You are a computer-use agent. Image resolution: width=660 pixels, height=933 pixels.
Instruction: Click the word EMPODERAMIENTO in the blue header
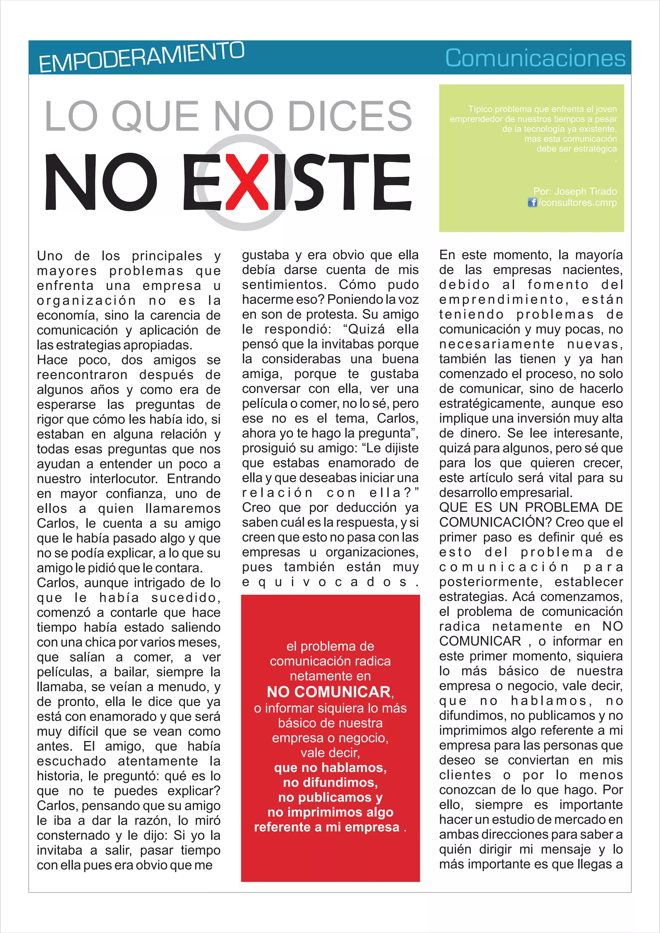[141, 57]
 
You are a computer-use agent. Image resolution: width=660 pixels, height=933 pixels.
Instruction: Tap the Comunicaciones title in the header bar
[535, 58]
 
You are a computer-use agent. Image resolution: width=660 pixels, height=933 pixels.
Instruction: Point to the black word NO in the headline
[101, 182]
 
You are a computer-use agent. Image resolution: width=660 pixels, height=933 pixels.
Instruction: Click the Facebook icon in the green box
[532, 202]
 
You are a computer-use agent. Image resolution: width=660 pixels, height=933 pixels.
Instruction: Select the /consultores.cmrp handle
[577, 202]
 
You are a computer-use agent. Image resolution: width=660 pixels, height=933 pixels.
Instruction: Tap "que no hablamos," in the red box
[330, 768]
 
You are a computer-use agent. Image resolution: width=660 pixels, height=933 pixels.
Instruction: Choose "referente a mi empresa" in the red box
[327, 827]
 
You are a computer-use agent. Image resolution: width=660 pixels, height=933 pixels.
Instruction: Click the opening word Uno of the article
[50, 256]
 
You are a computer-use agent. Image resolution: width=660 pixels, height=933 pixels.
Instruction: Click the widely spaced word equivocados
[330, 582]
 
